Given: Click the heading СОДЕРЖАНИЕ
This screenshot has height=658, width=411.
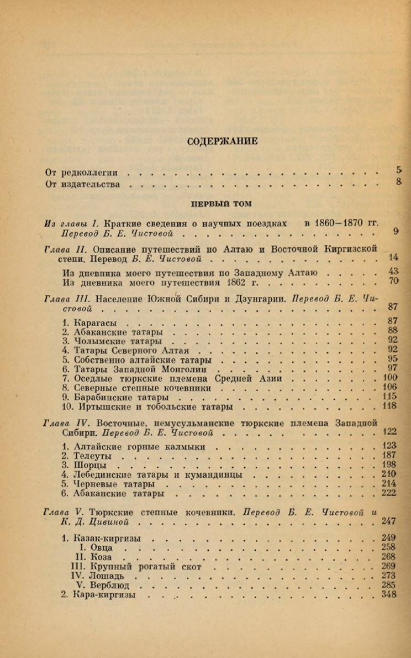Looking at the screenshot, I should [223, 141].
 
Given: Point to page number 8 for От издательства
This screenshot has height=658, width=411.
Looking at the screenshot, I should [399, 182].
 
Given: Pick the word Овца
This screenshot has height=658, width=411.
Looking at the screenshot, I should [102, 547].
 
